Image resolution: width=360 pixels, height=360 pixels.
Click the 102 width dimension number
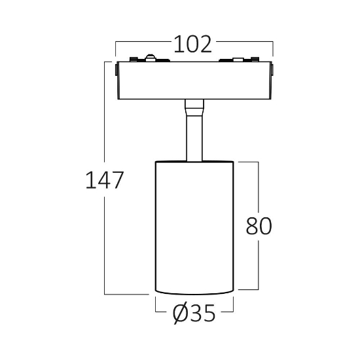point(192,45)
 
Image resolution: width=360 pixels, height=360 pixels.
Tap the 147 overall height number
point(105,180)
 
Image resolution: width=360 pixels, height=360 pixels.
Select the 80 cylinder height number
point(259,226)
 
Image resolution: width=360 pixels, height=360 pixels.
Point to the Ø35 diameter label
point(194,313)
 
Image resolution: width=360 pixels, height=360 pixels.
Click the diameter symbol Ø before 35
point(181,313)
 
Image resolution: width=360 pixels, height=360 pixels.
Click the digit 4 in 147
point(105,180)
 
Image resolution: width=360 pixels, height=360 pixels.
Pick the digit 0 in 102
point(192,45)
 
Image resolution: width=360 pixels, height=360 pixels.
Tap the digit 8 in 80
point(252,226)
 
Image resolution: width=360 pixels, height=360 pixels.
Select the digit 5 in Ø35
point(209,313)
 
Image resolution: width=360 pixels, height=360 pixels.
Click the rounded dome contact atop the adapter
point(150,58)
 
